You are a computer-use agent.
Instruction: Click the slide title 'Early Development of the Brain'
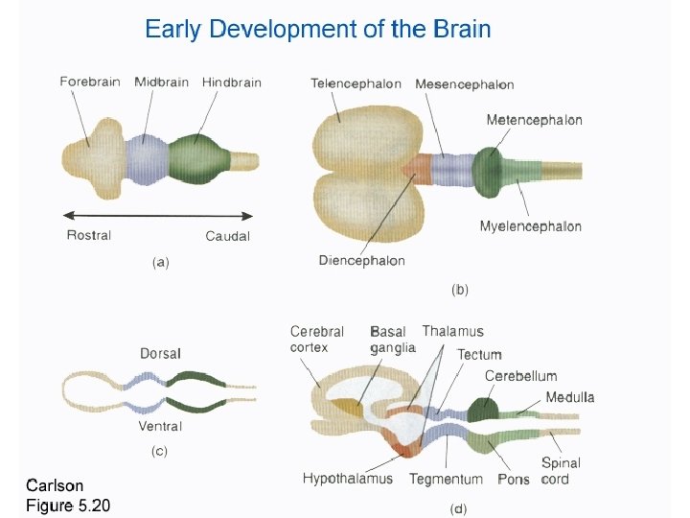(318, 29)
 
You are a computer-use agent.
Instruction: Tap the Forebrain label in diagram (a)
(90, 82)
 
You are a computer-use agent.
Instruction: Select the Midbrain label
(161, 82)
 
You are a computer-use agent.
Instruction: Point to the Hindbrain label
(232, 82)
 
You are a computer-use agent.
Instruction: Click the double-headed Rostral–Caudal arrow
(159, 215)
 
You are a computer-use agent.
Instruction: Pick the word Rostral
(89, 235)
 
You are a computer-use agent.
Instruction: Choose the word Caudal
(228, 236)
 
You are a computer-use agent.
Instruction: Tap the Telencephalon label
(356, 83)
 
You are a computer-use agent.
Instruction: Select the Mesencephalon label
(465, 84)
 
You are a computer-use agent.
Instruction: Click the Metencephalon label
(534, 120)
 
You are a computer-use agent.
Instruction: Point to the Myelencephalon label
(531, 226)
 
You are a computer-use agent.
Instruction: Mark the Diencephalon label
(362, 260)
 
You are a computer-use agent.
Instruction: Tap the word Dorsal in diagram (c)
(160, 354)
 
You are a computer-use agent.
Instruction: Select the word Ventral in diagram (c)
(160, 426)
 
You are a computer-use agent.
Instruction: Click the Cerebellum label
(520, 376)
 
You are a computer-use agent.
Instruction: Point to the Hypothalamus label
(352, 478)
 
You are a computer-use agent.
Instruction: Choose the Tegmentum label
(446, 478)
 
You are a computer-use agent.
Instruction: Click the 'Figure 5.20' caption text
(68, 505)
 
